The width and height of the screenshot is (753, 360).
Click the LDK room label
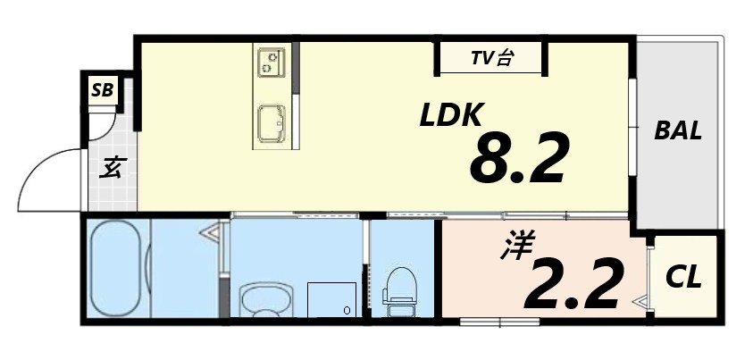point(452,114)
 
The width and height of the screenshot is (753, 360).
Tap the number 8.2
point(519,160)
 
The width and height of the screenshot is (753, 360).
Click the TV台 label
point(492,60)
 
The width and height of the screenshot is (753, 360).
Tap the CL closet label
point(684,277)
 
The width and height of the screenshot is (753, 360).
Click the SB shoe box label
point(102,90)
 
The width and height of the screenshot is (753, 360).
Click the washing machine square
point(331,298)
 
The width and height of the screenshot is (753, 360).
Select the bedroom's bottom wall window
point(498,320)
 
